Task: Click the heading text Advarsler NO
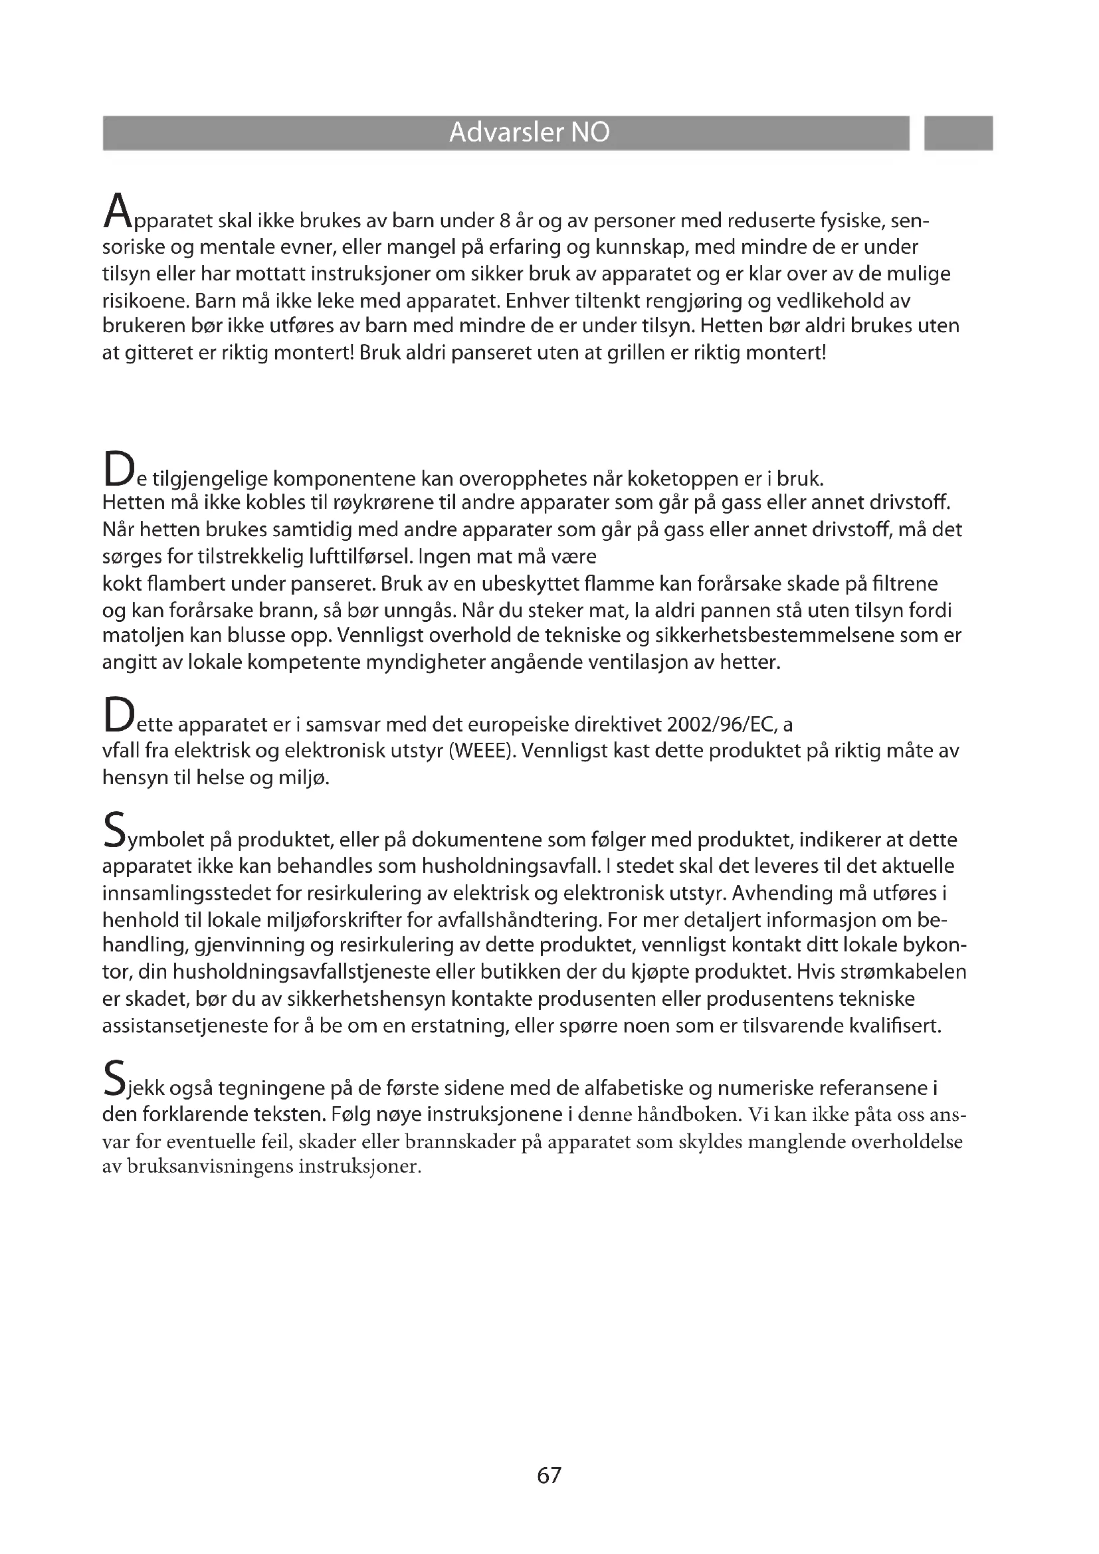pos(529,133)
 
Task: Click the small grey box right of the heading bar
pos(957,133)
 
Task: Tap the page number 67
pos(549,1475)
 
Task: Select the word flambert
pos(179,583)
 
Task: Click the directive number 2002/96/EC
pos(720,725)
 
